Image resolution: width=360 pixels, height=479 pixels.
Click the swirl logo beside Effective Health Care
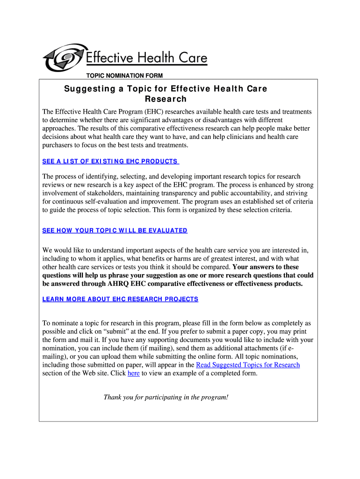point(63,58)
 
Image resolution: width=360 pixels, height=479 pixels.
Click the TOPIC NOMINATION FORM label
point(124,76)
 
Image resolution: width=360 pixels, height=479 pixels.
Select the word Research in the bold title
point(166,99)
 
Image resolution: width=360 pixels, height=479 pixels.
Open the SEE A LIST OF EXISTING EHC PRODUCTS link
point(110,161)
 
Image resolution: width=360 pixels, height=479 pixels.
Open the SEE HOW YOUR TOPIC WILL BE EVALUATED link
point(115,231)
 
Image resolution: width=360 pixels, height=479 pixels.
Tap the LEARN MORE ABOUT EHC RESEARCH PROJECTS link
point(120,299)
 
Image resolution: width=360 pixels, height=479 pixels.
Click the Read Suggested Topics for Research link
point(248,365)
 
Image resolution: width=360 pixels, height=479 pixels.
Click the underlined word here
point(133,373)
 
